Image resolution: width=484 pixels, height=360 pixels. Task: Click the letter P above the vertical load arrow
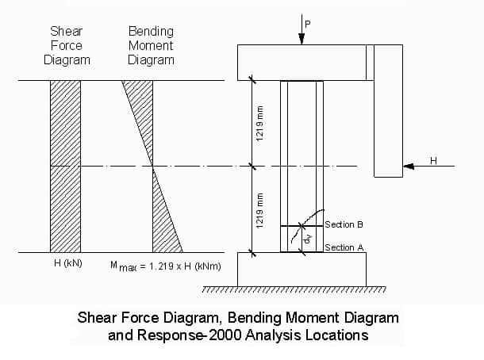click(307, 24)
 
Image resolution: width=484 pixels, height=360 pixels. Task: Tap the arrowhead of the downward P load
click(302, 39)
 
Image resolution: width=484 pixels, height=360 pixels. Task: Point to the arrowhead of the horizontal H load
click(409, 167)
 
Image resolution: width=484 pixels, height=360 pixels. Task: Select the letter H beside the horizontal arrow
click(433, 161)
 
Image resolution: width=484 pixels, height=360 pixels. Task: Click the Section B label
click(344, 224)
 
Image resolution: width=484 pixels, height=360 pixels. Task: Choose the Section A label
click(344, 247)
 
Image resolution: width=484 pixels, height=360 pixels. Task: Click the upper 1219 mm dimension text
click(260, 124)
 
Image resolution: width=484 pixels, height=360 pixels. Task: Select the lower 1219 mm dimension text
click(260, 211)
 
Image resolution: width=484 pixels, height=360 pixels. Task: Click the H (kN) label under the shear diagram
click(68, 263)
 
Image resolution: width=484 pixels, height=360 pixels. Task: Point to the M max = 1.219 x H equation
click(166, 266)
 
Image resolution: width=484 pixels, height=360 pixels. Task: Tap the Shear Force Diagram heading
click(67, 46)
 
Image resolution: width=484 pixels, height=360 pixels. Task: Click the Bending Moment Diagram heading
click(151, 46)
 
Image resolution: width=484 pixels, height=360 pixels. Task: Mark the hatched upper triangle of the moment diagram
click(143, 108)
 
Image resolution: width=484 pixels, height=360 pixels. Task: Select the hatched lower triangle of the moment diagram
click(163, 224)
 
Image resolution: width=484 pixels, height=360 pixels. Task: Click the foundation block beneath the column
click(302, 270)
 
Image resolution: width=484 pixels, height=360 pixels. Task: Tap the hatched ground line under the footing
click(294, 289)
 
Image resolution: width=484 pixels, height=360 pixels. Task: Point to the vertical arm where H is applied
click(388, 111)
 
